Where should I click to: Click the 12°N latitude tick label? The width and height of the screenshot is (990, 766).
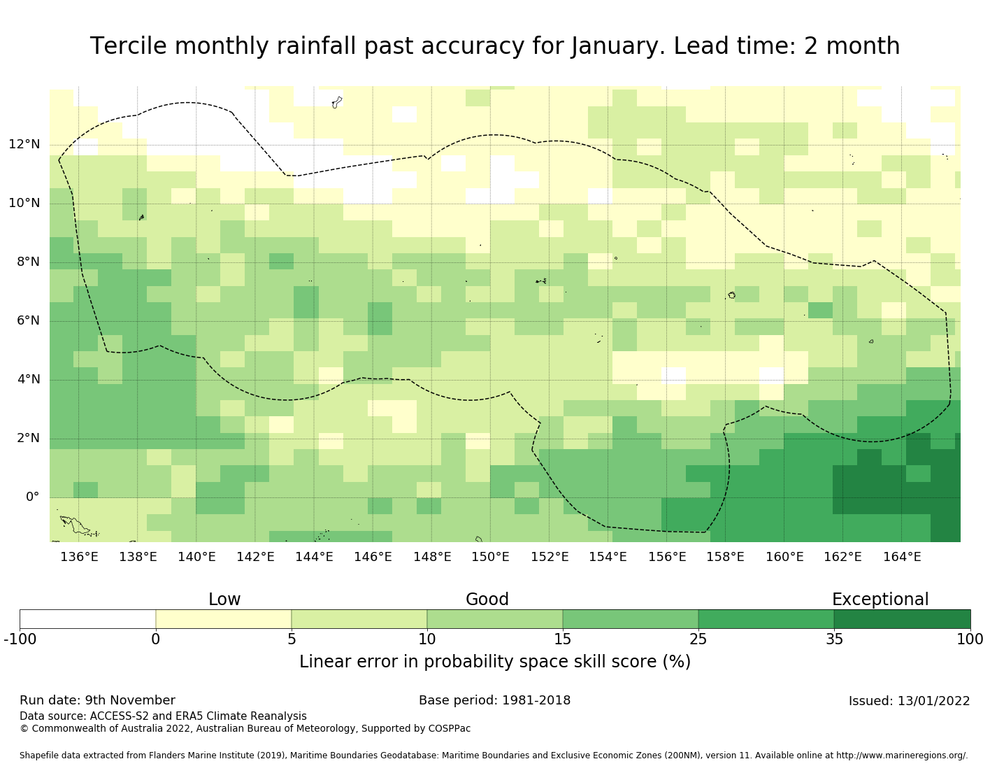pos(24,145)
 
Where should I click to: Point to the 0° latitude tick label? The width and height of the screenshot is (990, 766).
pos(33,497)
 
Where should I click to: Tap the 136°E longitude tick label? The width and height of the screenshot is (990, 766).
pos(79,557)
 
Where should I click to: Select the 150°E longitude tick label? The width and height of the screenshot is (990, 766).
pos(490,557)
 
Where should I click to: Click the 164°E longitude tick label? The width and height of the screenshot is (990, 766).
pos(902,557)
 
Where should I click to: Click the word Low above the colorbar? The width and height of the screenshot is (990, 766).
pos(224,600)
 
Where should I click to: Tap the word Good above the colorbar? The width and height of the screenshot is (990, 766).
pos(487,600)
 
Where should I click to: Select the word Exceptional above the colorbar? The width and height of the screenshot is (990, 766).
pos(880,600)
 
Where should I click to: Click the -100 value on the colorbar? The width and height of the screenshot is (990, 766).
pos(20,639)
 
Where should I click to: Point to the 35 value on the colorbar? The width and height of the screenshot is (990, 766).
pos(834,639)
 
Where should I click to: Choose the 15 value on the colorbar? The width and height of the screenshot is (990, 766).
pos(563,639)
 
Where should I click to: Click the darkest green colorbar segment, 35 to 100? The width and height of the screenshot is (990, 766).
pos(902,619)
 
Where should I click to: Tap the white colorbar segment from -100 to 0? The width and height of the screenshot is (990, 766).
pos(87,619)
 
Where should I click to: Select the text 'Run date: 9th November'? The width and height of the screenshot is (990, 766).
pos(97,700)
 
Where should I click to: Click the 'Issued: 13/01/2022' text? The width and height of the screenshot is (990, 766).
pos(909,701)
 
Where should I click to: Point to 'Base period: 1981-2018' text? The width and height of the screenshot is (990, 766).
pos(494,700)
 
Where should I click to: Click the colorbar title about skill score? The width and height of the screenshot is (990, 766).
pos(495,662)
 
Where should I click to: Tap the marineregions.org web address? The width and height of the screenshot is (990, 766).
pos(902,756)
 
